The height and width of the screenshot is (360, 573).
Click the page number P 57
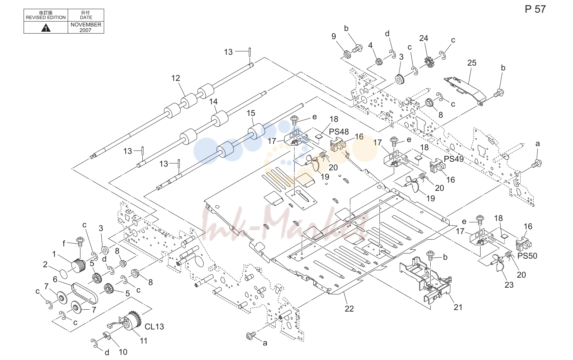click(535, 9)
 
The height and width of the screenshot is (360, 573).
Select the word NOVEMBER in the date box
click(86, 25)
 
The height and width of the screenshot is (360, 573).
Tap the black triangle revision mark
click(46, 28)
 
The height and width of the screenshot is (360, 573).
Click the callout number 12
click(176, 78)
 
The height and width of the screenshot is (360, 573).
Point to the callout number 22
click(349, 309)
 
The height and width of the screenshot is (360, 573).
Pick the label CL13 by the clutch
click(154, 326)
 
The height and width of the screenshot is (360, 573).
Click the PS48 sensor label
click(339, 132)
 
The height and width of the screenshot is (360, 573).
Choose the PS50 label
click(527, 256)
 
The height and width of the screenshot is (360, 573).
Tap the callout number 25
click(472, 63)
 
